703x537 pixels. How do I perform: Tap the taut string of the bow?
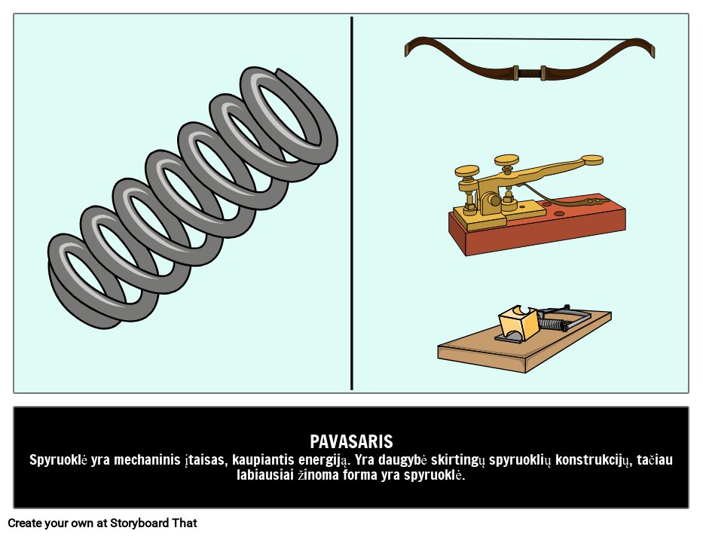click(x=529, y=39)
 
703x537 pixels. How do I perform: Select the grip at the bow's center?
click(x=530, y=72)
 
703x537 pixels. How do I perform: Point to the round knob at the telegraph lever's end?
click(x=591, y=160)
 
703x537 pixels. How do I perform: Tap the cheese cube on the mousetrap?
click(x=518, y=322)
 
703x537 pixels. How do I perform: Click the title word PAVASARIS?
click(x=351, y=441)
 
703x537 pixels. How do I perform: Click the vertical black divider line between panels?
click(x=351, y=203)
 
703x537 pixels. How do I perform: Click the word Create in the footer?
click(x=22, y=523)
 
